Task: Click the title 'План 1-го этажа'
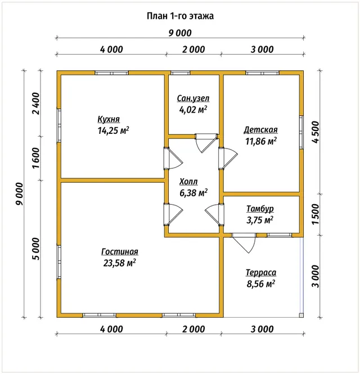click(x=180, y=16)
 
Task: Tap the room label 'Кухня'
click(x=109, y=119)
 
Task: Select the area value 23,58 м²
click(x=119, y=263)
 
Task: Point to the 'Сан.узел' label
click(x=193, y=98)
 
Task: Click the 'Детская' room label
click(x=261, y=130)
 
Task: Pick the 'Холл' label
click(x=188, y=182)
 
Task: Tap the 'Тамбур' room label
click(x=260, y=209)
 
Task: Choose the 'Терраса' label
click(x=261, y=272)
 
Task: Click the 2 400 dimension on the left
click(x=37, y=103)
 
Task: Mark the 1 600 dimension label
click(x=37, y=158)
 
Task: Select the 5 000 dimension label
click(x=37, y=249)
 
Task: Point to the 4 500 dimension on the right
click(x=316, y=132)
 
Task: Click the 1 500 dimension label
click(x=316, y=214)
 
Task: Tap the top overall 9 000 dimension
click(x=180, y=33)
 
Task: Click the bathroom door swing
click(x=206, y=143)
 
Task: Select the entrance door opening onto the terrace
click(x=244, y=244)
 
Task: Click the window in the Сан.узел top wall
click(x=181, y=73)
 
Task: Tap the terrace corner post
click(x=301, y=316)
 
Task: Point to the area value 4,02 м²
click(x=193, y=110)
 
